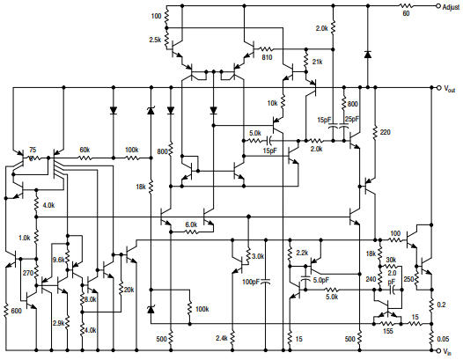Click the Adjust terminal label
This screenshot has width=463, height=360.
(x=445, y=5)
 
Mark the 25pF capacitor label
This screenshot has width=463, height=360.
(x=352, y=119)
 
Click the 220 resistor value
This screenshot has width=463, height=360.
(x=384, y=132)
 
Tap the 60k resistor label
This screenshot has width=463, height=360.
(x=85, y=150)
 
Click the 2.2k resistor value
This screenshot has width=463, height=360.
(x=302, y=253)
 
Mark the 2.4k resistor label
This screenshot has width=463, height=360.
(x=222, y=338)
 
